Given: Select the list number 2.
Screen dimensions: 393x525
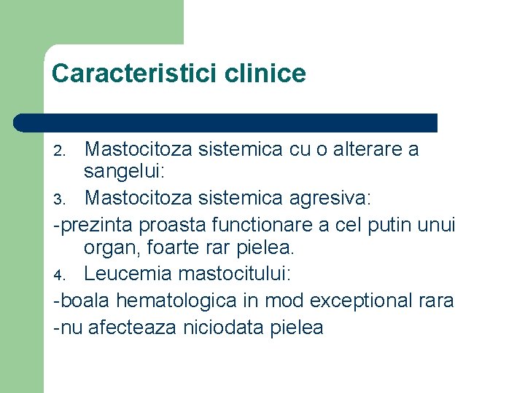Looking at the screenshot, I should (x=61, y=151).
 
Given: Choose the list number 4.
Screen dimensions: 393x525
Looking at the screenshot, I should (x=61, y=275).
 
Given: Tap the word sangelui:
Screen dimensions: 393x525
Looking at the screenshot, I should (x=125, y=172).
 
